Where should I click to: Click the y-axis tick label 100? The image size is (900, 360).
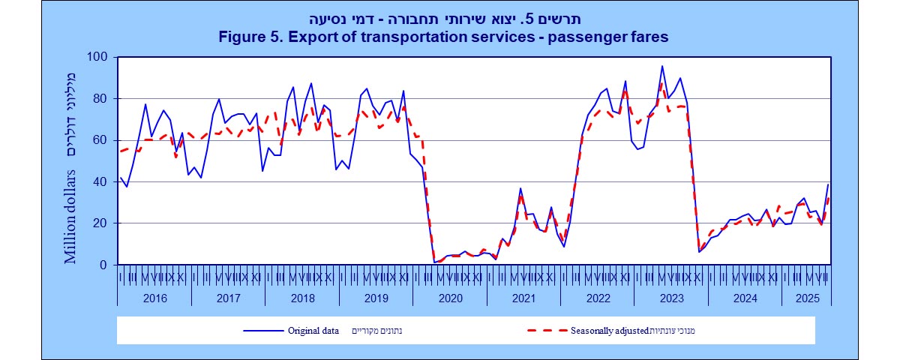point(98,57)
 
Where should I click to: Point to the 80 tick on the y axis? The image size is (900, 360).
point(101,98)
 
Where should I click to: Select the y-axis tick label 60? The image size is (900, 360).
point(101,140)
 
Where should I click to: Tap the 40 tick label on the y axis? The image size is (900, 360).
point(101,181)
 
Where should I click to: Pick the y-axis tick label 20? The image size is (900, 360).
point(101,223)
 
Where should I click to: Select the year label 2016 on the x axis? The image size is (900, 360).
point(154,297)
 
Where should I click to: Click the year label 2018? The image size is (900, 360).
point(301,297)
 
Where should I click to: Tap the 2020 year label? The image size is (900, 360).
point(449,297)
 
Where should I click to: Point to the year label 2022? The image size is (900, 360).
point(597,297)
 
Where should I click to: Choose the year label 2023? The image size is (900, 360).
point(670,297)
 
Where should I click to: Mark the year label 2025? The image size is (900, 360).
point(805,297)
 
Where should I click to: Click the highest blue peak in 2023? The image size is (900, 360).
point(661,66)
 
